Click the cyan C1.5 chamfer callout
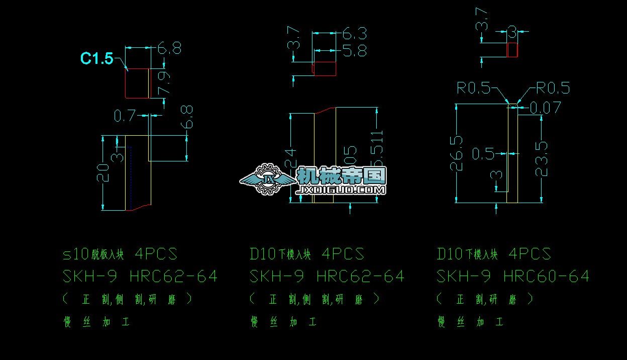pyautogui.click(x=97, y=59)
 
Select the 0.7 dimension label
pyautogui.click(x=125, y=116)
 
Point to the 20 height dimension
pyautogui.click(x=103, y=172)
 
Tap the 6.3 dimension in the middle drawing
pyautogui.click(x=355, y=34)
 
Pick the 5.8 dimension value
pyautogui.click(x=355, y=51)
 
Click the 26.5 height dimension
pyautogui.click(x=457, y=153)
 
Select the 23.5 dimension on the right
pyautogui.click(x=542, y=158)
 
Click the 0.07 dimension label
pyautogui.click(x=545, y=107)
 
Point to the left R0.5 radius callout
pyautogui.click(x=473, y=88)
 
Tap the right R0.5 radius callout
pyautogui.click(x=553, y=88)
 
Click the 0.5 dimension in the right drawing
pyautogui.click(x=483, y=154)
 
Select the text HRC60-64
pyautogui.click(x=546, y=277)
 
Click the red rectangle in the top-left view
pyautogui.click(x=137, y=83)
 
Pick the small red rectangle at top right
pyautogui.click(x=512, y=50)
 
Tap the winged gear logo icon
pyautogui.click(x=266, y=179)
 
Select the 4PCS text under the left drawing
pyautogui.click(x=156, y=254)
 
